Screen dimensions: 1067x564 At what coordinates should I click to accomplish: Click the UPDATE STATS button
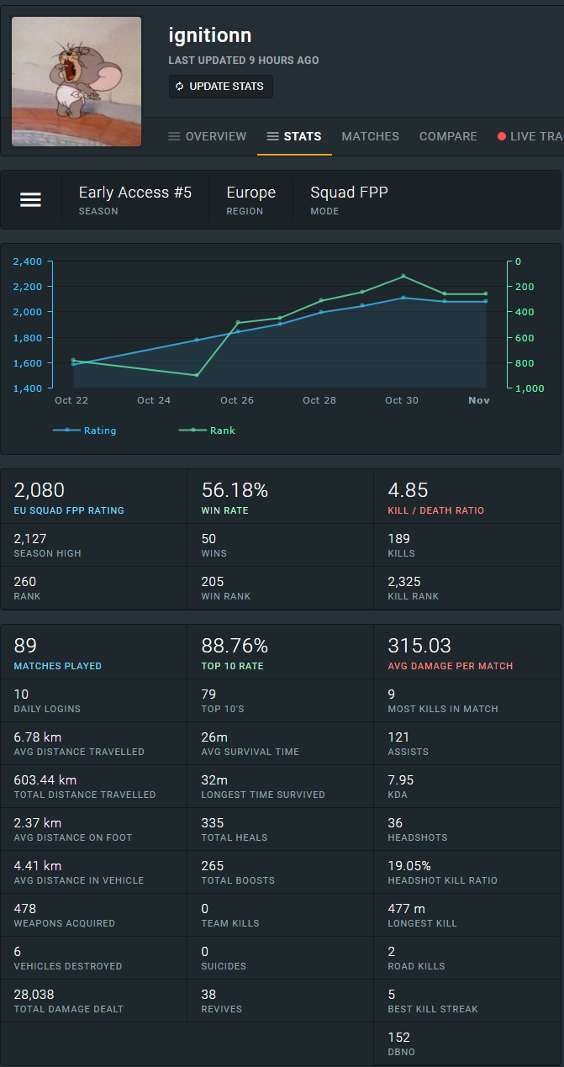click(x=220, y=87)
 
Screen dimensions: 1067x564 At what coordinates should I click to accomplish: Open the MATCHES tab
click(x=370, y=136)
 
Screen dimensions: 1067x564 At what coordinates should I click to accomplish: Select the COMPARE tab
click(x=448, y=136)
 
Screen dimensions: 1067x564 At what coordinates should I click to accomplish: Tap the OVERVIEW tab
click(x=208, y=136)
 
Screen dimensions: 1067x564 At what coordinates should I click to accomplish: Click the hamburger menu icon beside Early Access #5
click(x=31, y=200)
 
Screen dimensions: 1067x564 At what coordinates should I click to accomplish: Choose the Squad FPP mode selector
click(x=349, y=199)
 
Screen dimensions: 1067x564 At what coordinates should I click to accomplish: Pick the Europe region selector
click(x=250, y=199)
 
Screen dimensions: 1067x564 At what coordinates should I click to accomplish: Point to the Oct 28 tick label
click(x=319, y=400)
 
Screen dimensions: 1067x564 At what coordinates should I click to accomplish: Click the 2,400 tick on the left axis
click(x=28, y=261)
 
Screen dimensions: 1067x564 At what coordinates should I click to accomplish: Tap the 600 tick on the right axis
click(x=524, y=338)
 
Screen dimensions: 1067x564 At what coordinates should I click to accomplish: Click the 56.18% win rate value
click(x=235, y=490)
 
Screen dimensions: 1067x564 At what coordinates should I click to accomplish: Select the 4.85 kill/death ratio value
click(x=408, y=490)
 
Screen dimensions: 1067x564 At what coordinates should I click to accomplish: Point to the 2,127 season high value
click(x=31, y=538)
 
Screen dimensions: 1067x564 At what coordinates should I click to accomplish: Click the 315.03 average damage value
click(x=419, y=646)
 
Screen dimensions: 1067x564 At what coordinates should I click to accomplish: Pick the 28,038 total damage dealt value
click(x=34, y=994)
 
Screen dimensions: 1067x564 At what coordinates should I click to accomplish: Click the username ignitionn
click(x=210, y=35)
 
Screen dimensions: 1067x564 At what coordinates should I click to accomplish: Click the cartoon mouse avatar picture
click(x=76, y=81)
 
